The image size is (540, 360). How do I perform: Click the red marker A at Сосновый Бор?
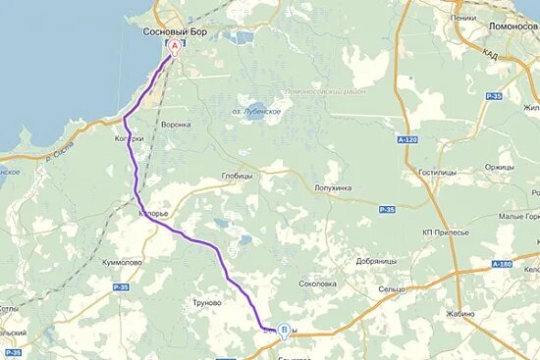pyautogui.click(x=175, y=45)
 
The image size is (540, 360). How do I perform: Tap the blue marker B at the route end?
pyautogui.click(x=285, y=331)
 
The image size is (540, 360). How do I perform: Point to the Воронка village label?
pyautogui.click(x=176, y=125)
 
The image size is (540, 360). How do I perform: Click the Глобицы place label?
pyautogui.click(x=238, y=176)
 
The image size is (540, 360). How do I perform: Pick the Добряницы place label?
pyautogui.click(x=377, y=262)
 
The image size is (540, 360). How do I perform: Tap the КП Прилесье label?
pyautogui.click(x=446, y=231)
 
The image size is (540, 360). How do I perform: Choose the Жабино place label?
pyautogui.click(x=459, y=315)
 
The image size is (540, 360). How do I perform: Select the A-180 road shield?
pyautogui.click(x=502, y=264)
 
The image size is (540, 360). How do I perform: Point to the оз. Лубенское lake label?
pyautogui.click(x=258, y=112)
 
